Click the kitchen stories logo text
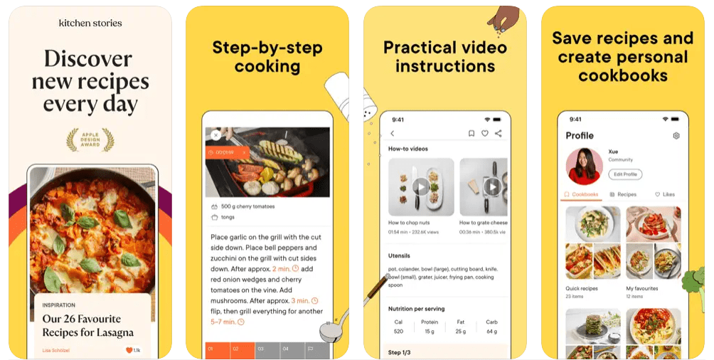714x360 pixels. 90,23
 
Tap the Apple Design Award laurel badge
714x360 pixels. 90,139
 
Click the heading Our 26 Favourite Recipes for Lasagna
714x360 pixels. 87,326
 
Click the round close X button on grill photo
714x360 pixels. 215,135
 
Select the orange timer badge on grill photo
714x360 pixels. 226,152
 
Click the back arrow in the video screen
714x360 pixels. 392,134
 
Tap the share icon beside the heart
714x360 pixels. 498,134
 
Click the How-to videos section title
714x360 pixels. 407,149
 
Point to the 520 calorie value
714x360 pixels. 398,332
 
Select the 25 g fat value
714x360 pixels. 461,332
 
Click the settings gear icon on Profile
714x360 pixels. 676,136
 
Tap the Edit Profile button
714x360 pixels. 625,174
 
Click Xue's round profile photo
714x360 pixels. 584,166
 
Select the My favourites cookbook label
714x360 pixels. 641,289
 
